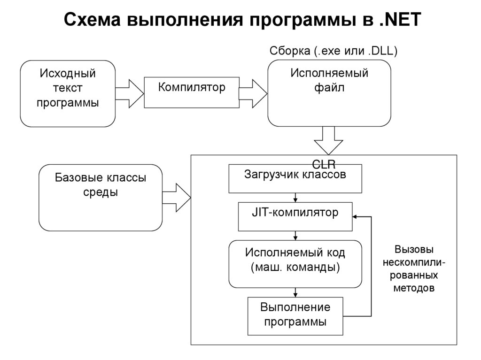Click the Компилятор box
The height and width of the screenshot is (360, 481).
click(x=191, y=92)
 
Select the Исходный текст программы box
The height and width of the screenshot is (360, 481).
click(x=68, y=93)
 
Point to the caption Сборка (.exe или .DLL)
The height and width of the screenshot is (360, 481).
click(x=334, y=51)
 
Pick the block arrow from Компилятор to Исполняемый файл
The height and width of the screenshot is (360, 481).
click(x=253, y=93)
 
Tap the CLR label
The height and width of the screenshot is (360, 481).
click(x=324, y=164)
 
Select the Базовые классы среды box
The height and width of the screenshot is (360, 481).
click(x=101, y=197)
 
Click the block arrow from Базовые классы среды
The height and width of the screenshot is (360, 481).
click(x=176, y=198)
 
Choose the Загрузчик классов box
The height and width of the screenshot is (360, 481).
click(x=295, y=178)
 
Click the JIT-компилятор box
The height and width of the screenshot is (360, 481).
click(x=295, y=216)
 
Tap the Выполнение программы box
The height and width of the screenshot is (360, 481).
click(x=295, y=316)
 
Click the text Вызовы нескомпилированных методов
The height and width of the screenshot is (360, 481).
click(x=413, y=268)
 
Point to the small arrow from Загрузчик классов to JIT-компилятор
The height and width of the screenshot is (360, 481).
click(x=295, y=198)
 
